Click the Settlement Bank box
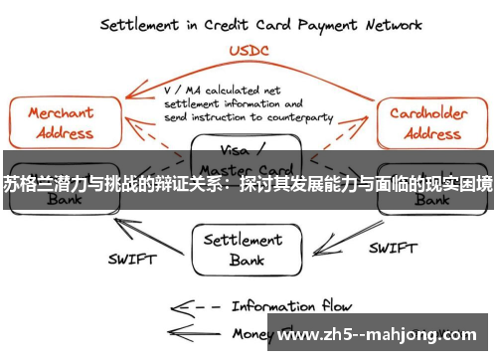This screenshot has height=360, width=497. (x=248, y=249)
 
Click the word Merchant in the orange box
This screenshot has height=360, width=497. (x=61, y=113)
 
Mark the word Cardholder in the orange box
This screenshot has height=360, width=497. (x=428, y=113)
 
